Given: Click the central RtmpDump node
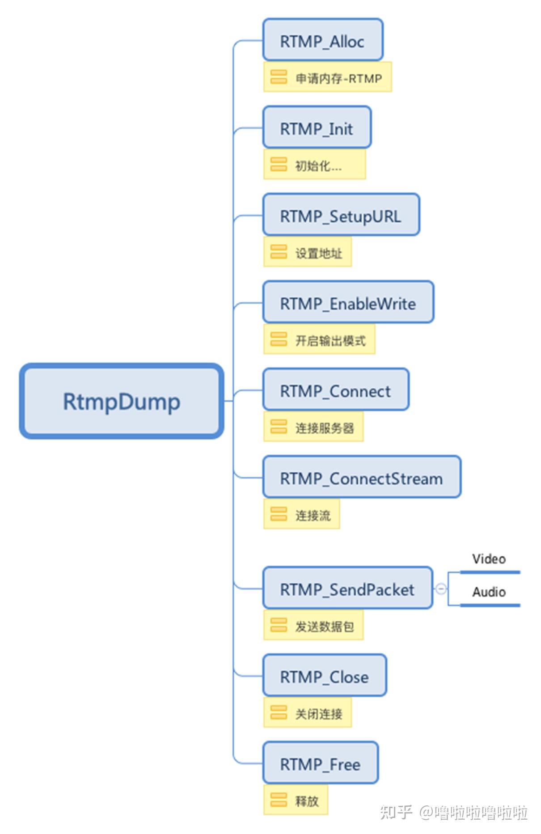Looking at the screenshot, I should click(121, 401).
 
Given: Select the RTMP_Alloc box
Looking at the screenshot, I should click(322, 41).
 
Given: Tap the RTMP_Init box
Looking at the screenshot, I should click(317, 128).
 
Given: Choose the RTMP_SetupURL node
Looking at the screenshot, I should click(341, 216).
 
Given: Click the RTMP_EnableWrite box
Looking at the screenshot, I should click(348, 303).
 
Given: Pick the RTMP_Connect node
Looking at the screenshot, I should click(335, 390).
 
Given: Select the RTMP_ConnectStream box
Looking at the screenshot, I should click(361, 478).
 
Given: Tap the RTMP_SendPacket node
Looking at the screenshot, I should click(347, 589).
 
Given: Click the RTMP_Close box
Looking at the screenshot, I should click(324, 676).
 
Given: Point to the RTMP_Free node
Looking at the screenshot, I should click(320, 764).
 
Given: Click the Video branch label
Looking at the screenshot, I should click(489, 559).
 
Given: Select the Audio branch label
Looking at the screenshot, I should click(489, 592).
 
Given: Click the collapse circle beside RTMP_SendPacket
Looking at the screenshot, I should click(441, 589).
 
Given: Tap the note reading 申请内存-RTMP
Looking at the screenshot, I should click(338, 78).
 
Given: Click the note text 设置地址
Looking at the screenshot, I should click(318, 253).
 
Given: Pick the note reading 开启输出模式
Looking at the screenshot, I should click(330, 341).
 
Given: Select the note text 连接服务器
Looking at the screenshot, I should click(324, 428).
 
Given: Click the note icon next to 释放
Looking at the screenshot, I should click(279, 800).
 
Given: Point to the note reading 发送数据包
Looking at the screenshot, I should click(324, 627).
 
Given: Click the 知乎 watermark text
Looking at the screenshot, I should click(396, 812).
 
